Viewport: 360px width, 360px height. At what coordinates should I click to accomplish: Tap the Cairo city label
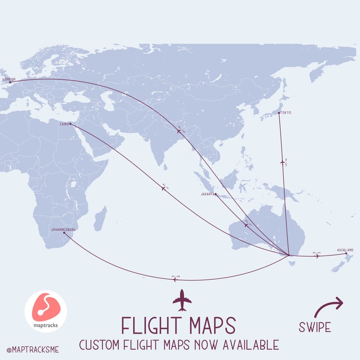pyautogui.click(x=64, y=123)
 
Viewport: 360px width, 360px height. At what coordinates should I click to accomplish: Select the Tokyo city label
pyautogui.click(x=286, y=112)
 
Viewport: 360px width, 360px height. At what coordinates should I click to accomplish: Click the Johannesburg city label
pyautogui.click(x=63, y=229)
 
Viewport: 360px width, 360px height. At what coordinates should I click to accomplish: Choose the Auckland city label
pyautogui.click(x=345, y=250)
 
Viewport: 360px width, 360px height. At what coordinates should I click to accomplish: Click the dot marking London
pyautogui.click(x=10, y=82)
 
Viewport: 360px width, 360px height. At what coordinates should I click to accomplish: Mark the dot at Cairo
pyautogui.click(x=70, y=124)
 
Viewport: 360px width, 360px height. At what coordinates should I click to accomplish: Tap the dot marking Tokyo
pyautogui.click(x=278, y=113)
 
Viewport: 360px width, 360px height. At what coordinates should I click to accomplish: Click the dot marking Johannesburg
pyautogui.click(x=64, y=233)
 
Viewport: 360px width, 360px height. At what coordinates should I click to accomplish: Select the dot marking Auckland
pyautogui.click(x=346, y=253)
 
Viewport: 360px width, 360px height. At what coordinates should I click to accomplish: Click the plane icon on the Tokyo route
pyautogui.click(x=282, y=162)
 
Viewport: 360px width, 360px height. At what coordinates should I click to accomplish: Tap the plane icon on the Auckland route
pyautogui.click(x=317, y=256)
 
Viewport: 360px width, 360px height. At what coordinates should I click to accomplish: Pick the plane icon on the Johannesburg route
pyautogui.click(x=175, y=280)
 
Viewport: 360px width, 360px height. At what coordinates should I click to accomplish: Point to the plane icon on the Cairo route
pyautogui.click(x=164, y=188)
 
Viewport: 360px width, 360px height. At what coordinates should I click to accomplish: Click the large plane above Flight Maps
pyautogui.click(x=182, y=300)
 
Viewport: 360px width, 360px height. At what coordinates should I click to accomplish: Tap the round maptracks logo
pyautogui.click(x=46, y=311)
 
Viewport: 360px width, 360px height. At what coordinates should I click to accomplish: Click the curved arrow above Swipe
pyautogui.click(x=329, y=306)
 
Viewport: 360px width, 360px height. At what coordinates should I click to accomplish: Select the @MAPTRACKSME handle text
pyautogui.click(x=33, y=350)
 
